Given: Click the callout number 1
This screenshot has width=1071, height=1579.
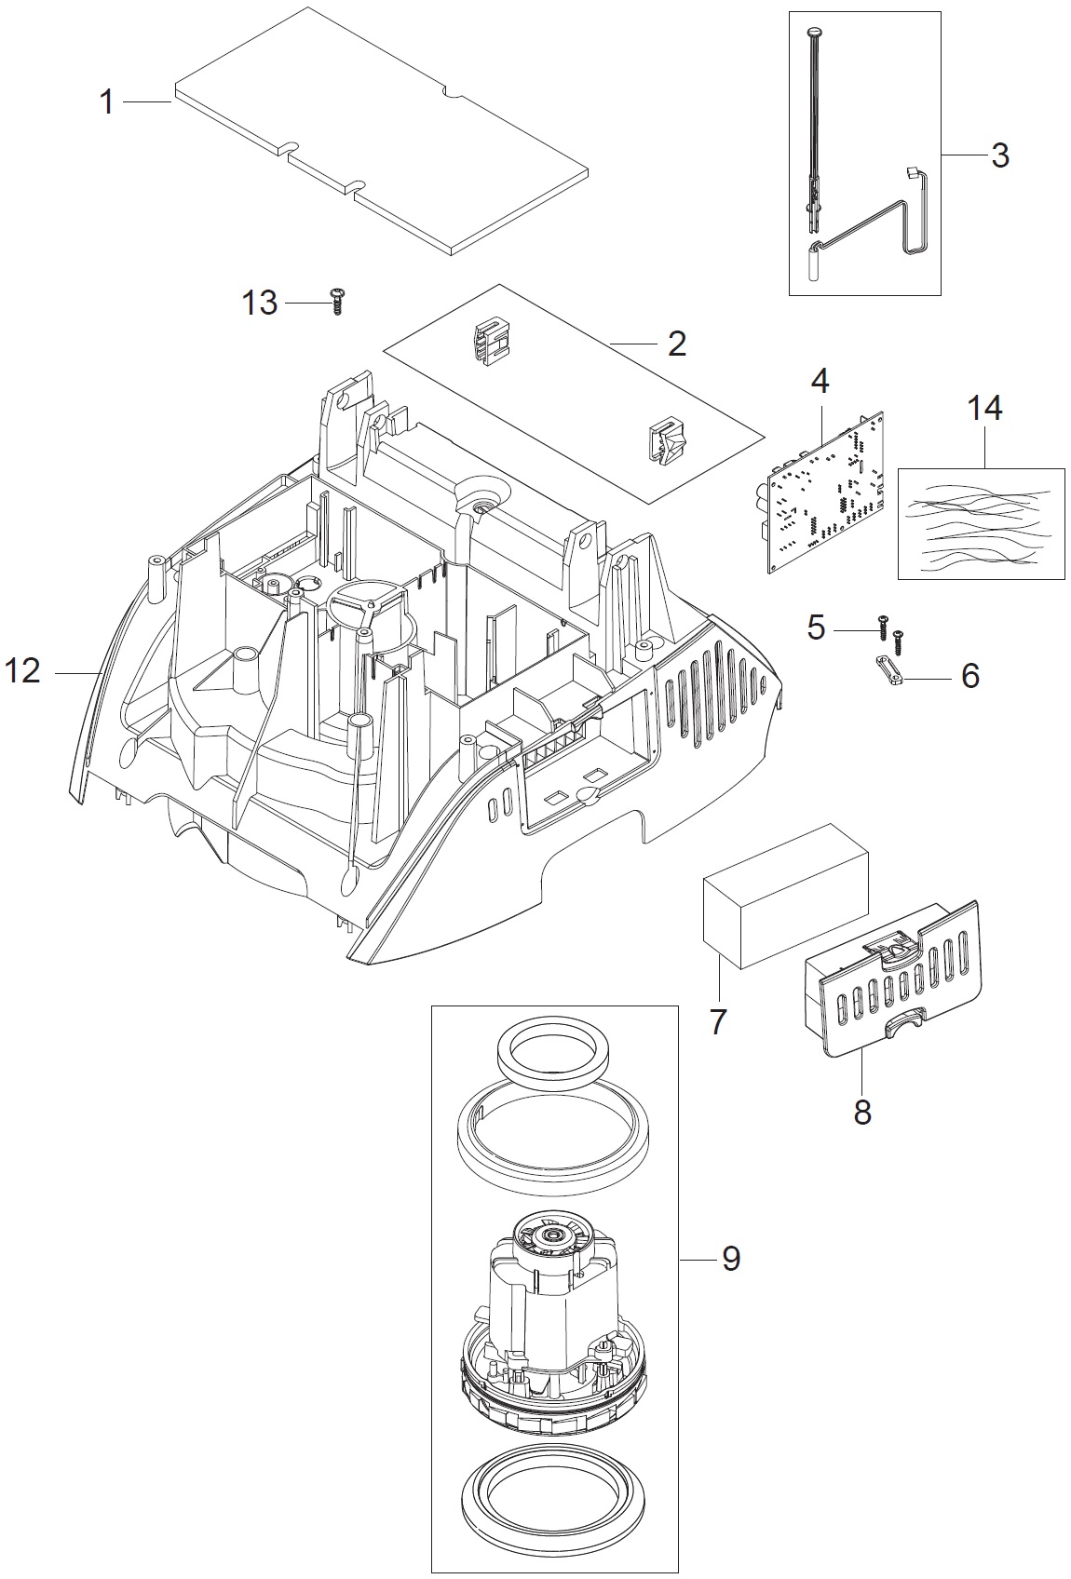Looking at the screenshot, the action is (107, 103).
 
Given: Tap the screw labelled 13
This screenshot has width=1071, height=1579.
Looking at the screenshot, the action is (337, 302).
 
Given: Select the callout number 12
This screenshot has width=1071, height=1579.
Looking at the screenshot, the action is (22, 671).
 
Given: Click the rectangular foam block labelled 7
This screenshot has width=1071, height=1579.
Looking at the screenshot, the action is (785, 896).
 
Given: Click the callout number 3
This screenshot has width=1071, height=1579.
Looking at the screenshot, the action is (1000, 155).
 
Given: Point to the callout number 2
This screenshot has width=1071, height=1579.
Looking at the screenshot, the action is (676, 344).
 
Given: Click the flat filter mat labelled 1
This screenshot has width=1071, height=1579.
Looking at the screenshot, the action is (381, 131).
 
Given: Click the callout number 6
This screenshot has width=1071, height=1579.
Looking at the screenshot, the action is (970, 677).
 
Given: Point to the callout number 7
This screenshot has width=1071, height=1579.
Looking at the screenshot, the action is (718, 1022).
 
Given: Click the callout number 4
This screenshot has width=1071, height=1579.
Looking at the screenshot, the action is (820, 382).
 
